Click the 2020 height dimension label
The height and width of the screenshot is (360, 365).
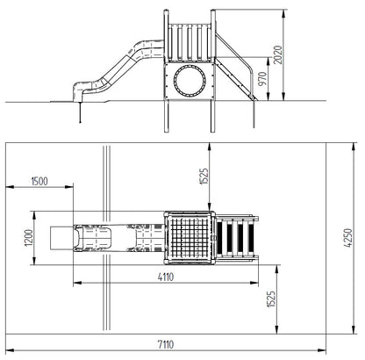pyautogui.click(x=278, y=54)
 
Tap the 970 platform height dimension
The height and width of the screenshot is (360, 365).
pyautogui.click(x=262, y=78)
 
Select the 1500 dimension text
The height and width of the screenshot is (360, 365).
pyautogui.click(x=39, y=182)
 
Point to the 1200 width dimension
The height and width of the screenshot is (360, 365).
pyautogui.click(x=29, y=238)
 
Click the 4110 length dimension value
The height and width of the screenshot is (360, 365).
pyautogui.click(x=166, y=277)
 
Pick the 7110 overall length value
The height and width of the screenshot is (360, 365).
pyautogui.click(x=166, y=344)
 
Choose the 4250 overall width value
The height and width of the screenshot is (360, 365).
pyautogui.click(x=348, y=238)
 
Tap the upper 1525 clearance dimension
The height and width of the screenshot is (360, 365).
pyautogui.click(x=204, y=176)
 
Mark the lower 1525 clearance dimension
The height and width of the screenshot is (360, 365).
pyautogui.click(x=271, y=299)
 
